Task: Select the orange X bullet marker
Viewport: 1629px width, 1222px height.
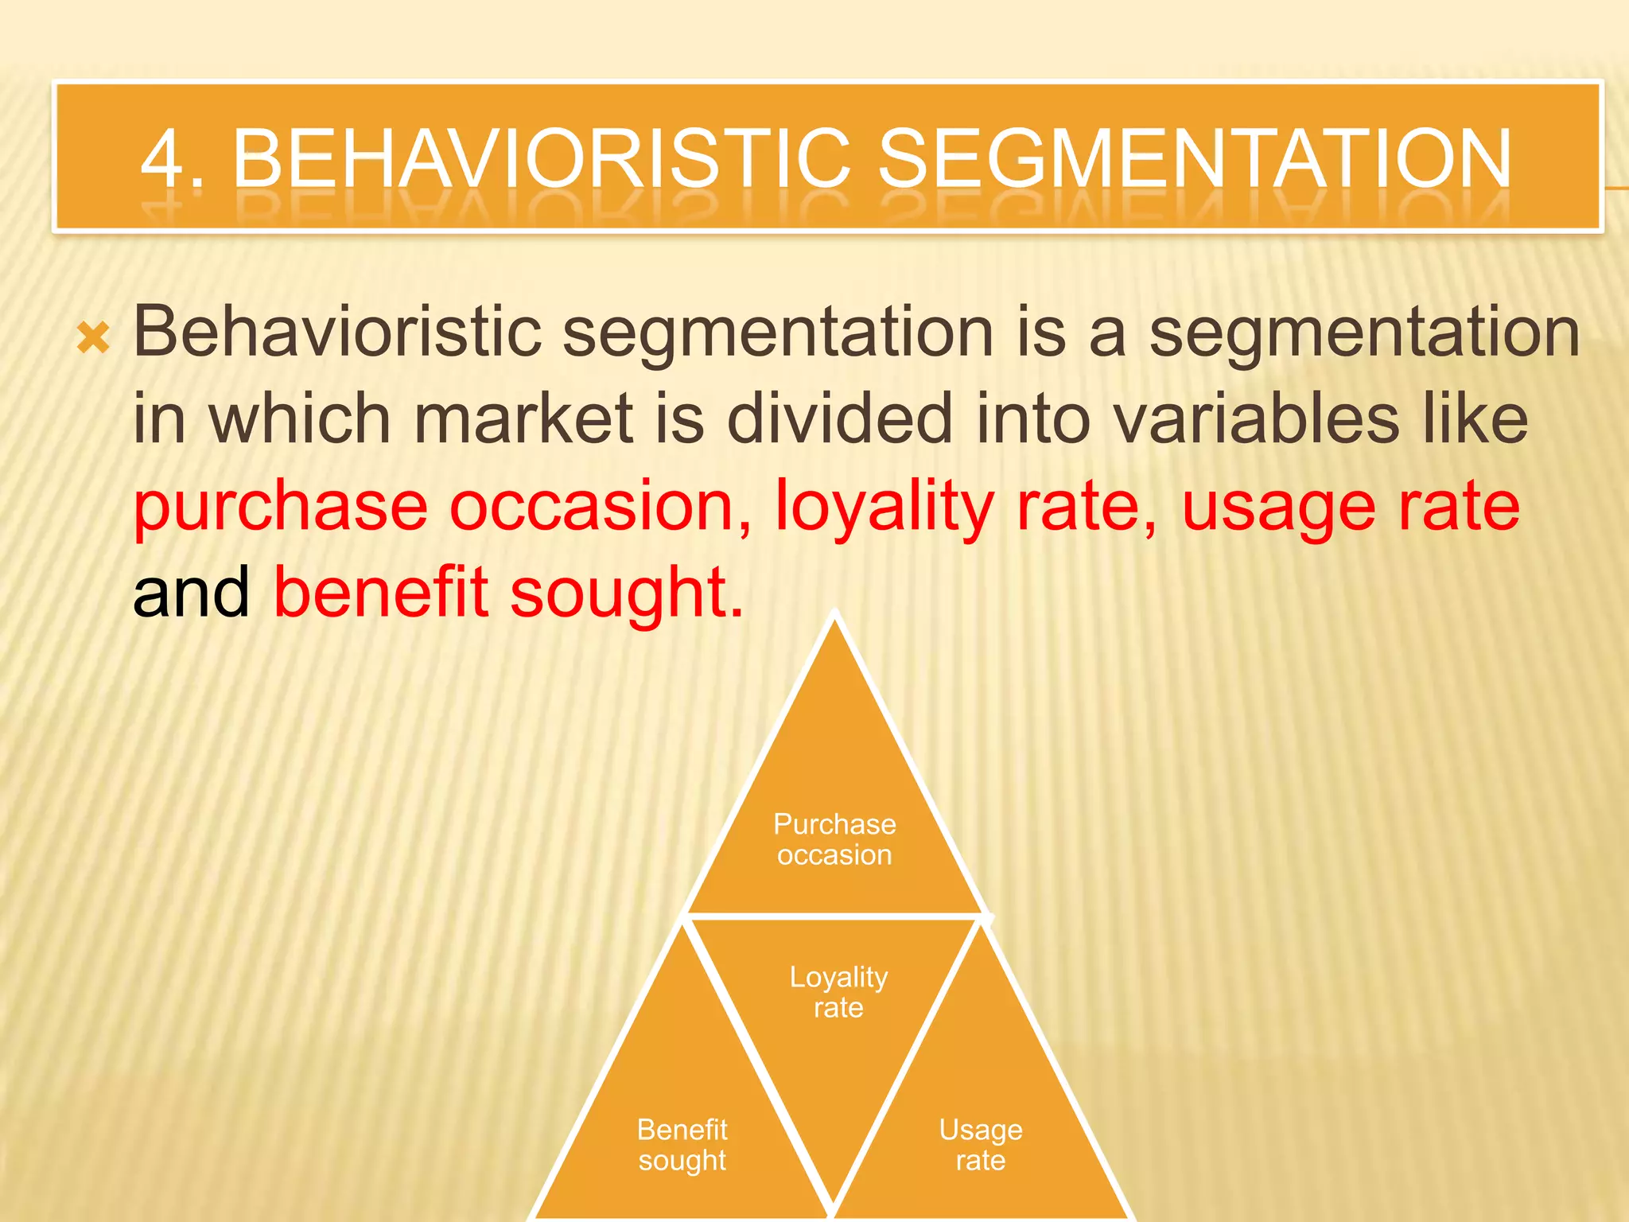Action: pos(93,339)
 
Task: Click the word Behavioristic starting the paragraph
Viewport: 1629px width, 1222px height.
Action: pos(337,333)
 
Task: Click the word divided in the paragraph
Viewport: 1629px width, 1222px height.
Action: pos(840,419)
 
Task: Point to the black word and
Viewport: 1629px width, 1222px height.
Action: pos(191,593)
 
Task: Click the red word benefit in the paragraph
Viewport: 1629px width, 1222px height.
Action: pos(380,593)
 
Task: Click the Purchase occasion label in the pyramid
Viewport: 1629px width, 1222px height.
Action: pos(834,839)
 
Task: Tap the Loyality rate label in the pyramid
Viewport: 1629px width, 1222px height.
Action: pos(838,992)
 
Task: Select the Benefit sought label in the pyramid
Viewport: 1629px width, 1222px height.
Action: pos(682,1145)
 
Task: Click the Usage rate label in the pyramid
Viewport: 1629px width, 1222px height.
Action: pos(980,1145)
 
